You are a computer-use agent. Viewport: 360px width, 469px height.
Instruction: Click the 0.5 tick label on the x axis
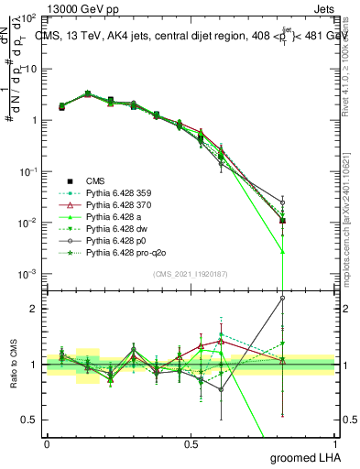pos(191,443)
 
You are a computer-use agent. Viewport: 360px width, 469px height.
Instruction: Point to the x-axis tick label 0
pos(47,443)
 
